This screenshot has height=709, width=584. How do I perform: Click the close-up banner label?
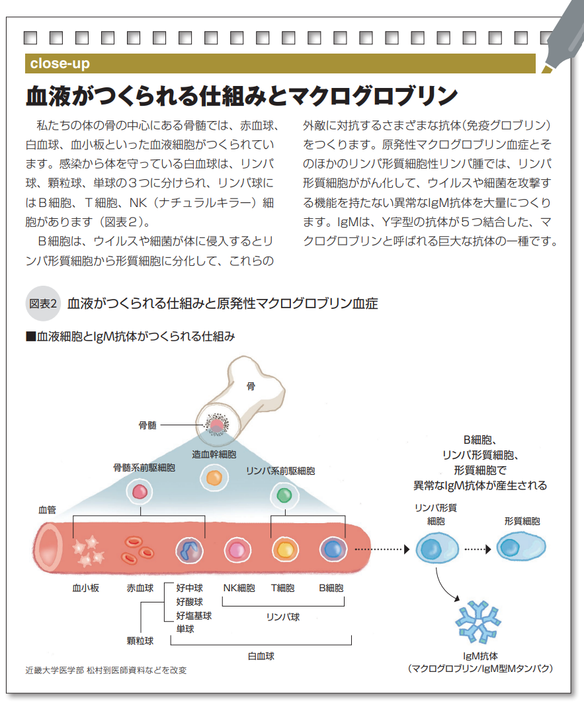click(x=60, y=64)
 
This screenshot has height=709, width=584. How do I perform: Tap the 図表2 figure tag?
click(x=44, y=304)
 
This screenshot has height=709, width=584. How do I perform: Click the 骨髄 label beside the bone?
click(x=147, y=425)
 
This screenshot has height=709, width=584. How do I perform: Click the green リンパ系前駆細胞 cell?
click(x=284, y=494)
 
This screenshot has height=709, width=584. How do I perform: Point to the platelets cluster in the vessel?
click(x=88, y=550)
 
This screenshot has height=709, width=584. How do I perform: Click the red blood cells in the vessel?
click(x=138, y=548)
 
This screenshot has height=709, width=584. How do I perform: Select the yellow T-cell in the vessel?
click(x=284, y=550)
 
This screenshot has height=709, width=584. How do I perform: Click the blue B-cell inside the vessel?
click(x=332, y=550)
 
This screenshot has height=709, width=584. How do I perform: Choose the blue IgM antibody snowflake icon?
click(x=478, y=622)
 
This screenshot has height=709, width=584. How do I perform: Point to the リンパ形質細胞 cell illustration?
click(x=437, y=548)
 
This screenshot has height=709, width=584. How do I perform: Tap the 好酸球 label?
click(x=189, y=602)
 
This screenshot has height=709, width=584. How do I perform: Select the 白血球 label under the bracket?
click(x=261, y=656)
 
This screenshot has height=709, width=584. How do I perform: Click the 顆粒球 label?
click(x=140, y=640)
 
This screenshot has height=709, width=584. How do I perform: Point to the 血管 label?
click(x=47, y=510)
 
